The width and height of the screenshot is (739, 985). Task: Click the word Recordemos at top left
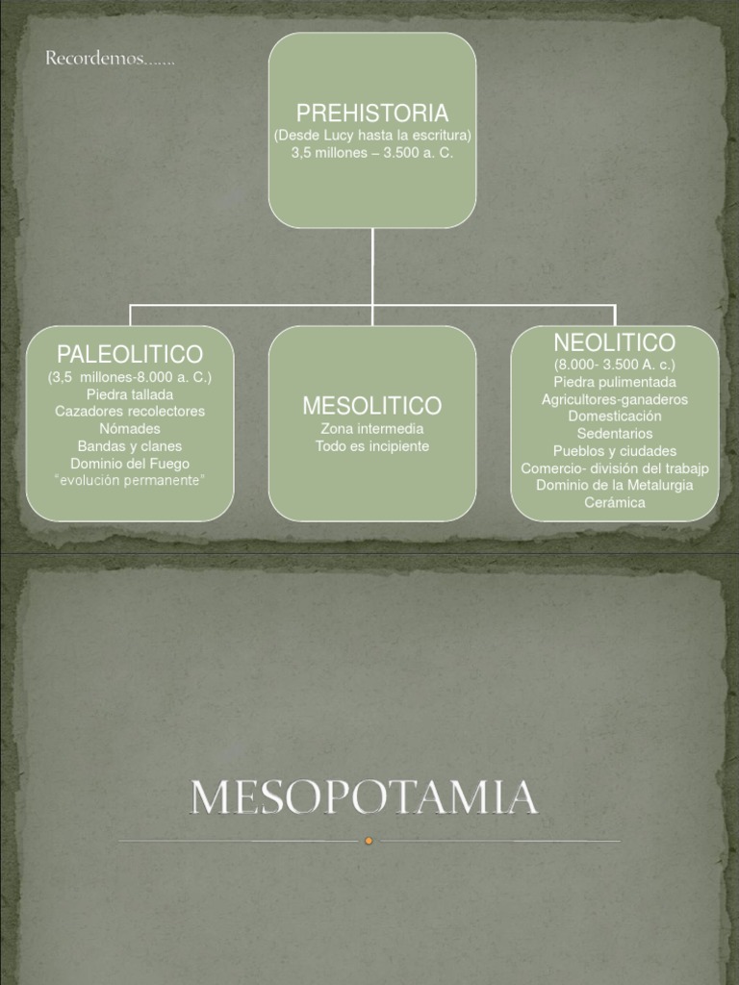(109, 60)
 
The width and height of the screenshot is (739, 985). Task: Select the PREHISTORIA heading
(372, 114)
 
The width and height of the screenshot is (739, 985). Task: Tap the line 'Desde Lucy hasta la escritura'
(372, 136)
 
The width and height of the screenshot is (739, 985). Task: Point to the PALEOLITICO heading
(130, 354)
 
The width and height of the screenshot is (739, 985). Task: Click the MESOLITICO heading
(372, 405)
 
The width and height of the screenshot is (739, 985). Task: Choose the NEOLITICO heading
(615, 342)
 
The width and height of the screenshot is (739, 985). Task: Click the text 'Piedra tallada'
(130, 394)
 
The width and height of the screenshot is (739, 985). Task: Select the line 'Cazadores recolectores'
(130, 412)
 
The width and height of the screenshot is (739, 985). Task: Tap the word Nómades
(130, 429)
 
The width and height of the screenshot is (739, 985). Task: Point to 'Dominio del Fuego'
(130, 463)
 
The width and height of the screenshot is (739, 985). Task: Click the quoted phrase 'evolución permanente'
(130, 480)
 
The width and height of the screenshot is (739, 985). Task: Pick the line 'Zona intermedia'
(372, 429)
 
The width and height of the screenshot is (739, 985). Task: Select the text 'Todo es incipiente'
(372, 446)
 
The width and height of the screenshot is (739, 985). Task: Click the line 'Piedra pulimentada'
(615, 382)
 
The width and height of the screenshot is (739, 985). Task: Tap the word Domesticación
(615, 417)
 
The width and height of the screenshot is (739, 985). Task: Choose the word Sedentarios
(615, 434)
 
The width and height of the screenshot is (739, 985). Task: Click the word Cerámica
(615, 503)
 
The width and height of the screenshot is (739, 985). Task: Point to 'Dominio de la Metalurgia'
(615, 486)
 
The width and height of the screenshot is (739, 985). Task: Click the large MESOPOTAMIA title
(364, 797)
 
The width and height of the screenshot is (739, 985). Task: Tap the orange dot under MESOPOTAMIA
(369, 841)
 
